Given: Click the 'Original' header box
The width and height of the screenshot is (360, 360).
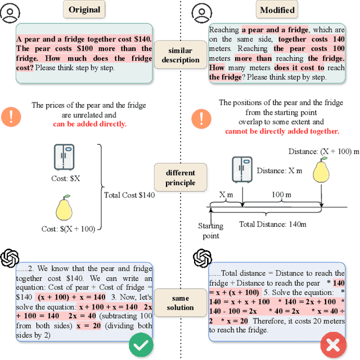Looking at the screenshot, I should [x=84, y=10].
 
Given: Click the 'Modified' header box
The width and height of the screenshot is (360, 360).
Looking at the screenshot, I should [x=277, y=10].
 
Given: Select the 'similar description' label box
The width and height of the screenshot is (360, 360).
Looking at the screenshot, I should [x=181, y=55].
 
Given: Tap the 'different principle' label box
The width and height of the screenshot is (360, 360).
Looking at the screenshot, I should [x=181, y=177].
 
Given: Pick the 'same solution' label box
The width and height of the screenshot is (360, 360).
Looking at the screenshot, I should [x=181, y=302].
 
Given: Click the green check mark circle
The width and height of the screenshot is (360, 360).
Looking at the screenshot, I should [x=141, y=344].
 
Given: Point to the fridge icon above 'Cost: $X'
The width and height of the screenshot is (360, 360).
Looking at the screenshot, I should [x=64, y=157].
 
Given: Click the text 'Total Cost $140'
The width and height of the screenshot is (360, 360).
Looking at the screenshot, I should [x=129, y=195].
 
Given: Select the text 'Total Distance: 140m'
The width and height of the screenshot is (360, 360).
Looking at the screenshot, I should [x=273, y=224].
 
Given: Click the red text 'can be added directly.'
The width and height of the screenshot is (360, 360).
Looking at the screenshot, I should [x=90, y=124].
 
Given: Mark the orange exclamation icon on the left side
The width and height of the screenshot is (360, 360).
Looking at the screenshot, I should [x=11, y=117].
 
